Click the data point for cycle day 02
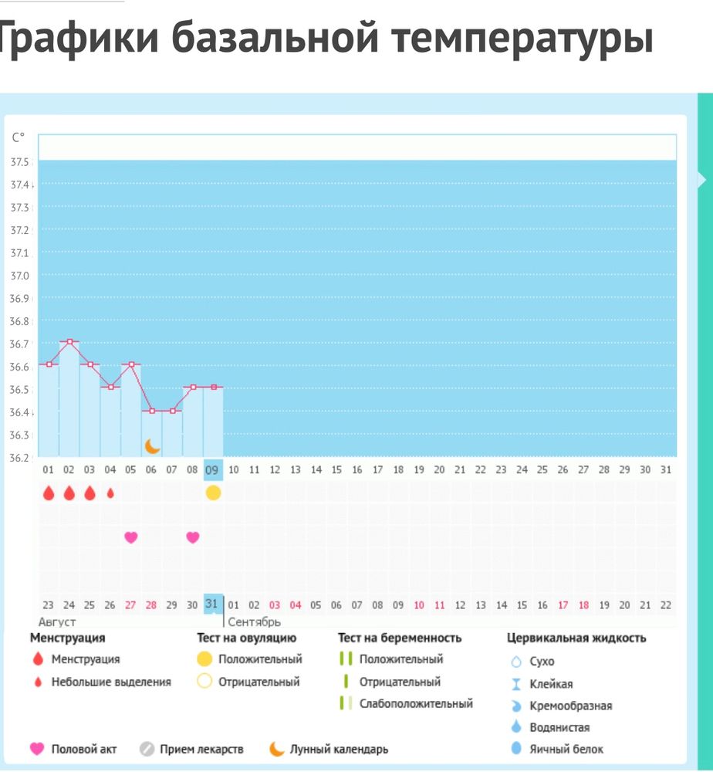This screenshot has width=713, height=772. (69, 341)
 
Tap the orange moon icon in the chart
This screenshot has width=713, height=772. (152, 446)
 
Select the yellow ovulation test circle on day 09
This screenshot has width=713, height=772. (213, 493)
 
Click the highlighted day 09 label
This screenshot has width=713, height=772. (212, 469)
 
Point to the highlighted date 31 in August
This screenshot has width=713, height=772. (212, 604)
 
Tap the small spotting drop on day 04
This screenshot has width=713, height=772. (110, 493)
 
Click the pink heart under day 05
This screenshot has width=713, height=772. (130, 537)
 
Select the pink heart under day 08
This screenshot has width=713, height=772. (193, 537)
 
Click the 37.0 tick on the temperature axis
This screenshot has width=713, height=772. (20, 276)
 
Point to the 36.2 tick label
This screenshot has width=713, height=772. (20, 458)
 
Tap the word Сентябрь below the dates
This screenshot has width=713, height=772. (254, 622)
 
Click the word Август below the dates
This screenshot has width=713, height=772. (57, 622)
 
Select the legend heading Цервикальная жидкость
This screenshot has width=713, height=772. (576, 638)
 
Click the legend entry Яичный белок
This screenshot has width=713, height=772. (566, 749)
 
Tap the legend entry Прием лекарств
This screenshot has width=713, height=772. (201, 749)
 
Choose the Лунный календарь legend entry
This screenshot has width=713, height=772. (339, 749)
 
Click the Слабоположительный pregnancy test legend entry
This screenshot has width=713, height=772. (416, 703)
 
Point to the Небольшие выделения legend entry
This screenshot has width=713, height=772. (111, 682)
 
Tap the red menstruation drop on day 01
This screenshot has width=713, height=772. (49, 493)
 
